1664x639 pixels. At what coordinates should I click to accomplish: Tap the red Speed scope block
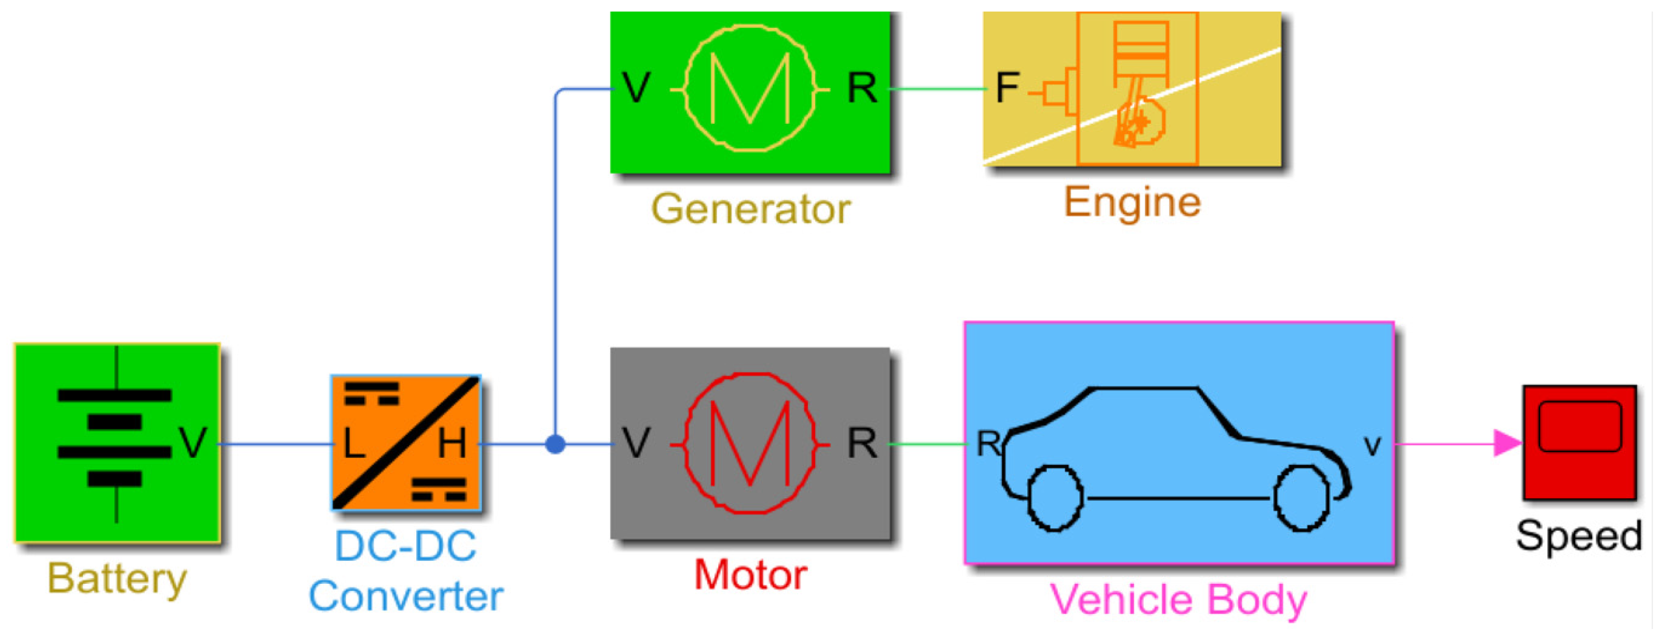click(x=1579, y=443)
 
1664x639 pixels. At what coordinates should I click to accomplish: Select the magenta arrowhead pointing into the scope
click(x=1508, y=444)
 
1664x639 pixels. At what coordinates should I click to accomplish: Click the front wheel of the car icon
click(x=1302, y=498)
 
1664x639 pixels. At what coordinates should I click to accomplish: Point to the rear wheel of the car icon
click(x=1055, y=498)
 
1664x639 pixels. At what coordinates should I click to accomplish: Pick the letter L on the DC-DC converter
click(x=354, y=444)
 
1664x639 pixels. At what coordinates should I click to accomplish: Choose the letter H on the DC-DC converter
click(x=451, y=444)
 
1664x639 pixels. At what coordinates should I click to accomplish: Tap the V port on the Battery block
click(x=193, y=443)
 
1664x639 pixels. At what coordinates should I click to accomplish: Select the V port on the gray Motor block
click(x=636, y=443)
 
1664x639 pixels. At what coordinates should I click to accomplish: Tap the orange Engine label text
click(x=1132, y=202)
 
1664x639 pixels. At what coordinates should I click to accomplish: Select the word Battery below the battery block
click(x=117, y=578)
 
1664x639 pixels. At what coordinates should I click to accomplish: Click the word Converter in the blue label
click(x=406, y=596)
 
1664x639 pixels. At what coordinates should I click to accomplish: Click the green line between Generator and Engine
click(x=936, y=89)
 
